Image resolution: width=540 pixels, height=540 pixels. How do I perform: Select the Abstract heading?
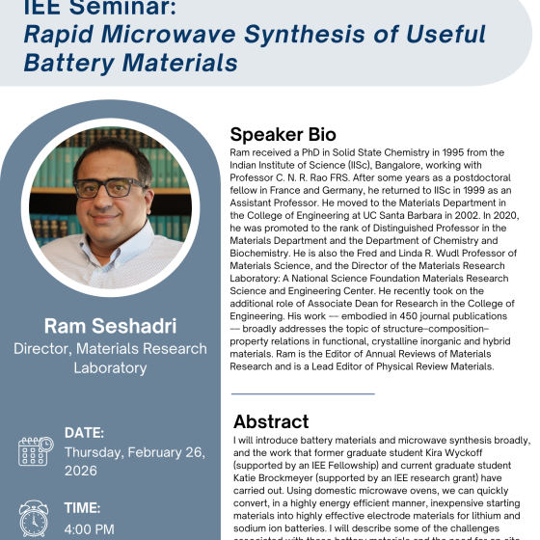tap(271, 421)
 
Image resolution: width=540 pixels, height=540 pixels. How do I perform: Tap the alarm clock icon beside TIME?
tap(34, 518)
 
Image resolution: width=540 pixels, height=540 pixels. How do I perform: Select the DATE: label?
tap(84, 432)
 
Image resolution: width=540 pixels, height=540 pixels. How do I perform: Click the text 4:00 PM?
tap(91, 528)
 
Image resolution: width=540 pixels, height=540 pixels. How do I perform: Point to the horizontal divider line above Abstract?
tap(289, 394)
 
